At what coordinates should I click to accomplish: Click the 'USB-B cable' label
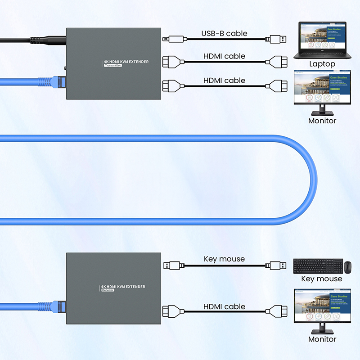pos(224,33)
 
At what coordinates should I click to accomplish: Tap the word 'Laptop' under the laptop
pos(322,64)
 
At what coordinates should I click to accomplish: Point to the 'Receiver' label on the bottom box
pos(108,290)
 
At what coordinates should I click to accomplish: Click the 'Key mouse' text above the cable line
pos(224,259)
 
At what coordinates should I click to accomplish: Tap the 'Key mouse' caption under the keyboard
pos(321,279)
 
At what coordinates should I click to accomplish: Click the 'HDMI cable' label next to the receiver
pos(224,306)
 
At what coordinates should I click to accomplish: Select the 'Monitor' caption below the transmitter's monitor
pos(322,121)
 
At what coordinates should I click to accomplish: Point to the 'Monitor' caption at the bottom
pos(322,339)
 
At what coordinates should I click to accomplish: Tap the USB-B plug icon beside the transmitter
pos(173,40)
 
